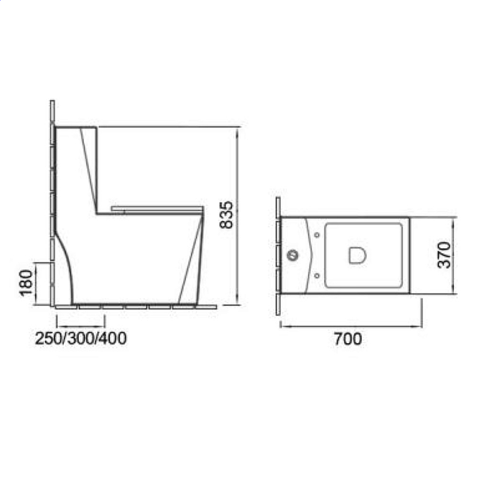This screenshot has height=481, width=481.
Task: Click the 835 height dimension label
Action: coord(227,215)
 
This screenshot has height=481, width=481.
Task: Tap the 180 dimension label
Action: coord(26,283)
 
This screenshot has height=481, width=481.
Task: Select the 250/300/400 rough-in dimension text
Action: coord(80,339)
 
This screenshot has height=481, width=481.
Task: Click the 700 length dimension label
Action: coord(347,339)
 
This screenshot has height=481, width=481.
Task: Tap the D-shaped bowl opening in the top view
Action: coord(357,255)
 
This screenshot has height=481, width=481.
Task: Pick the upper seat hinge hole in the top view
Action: coord(317,235)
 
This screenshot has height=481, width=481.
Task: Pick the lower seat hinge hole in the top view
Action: coord(317,276)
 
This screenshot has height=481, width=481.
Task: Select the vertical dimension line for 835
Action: coord(237,216)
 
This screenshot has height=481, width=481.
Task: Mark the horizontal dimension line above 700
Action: coord(351,326)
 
